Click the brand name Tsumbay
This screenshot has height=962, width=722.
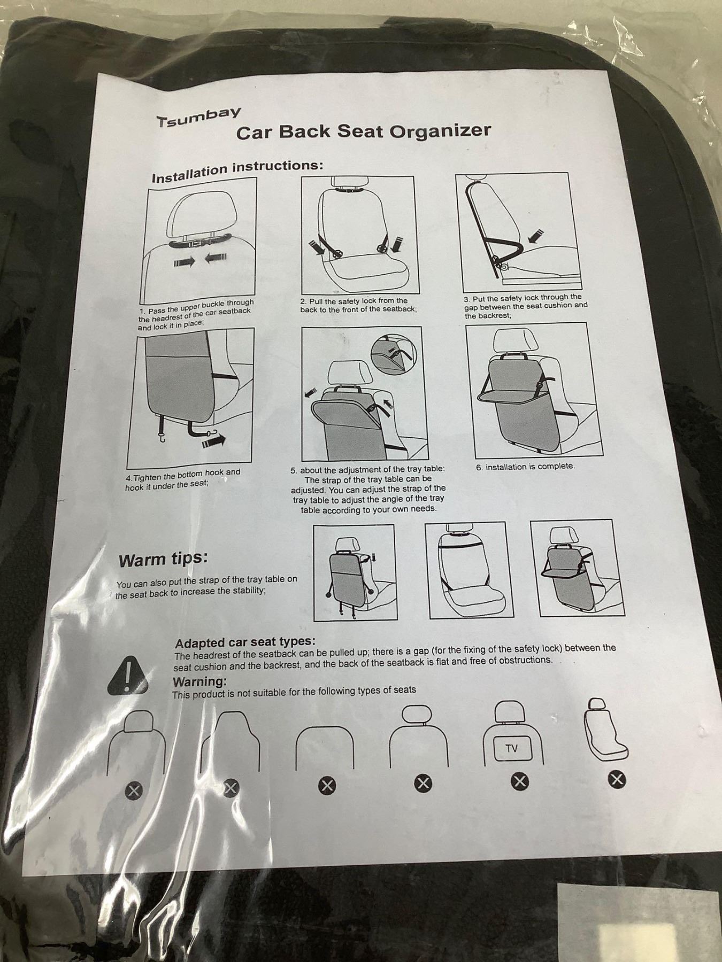click(198, 117)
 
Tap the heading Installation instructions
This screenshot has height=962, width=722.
click(237, 170)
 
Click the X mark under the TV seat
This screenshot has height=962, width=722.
click(519, 781)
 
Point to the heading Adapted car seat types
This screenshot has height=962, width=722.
click(245, 642)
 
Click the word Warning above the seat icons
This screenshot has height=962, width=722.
click(199, 682)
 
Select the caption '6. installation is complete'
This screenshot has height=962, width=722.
click(526, 467)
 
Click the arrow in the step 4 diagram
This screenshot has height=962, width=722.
click(213, 441)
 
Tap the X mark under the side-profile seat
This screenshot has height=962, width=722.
click(617, 780)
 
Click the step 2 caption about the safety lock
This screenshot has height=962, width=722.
click(357, 305)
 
